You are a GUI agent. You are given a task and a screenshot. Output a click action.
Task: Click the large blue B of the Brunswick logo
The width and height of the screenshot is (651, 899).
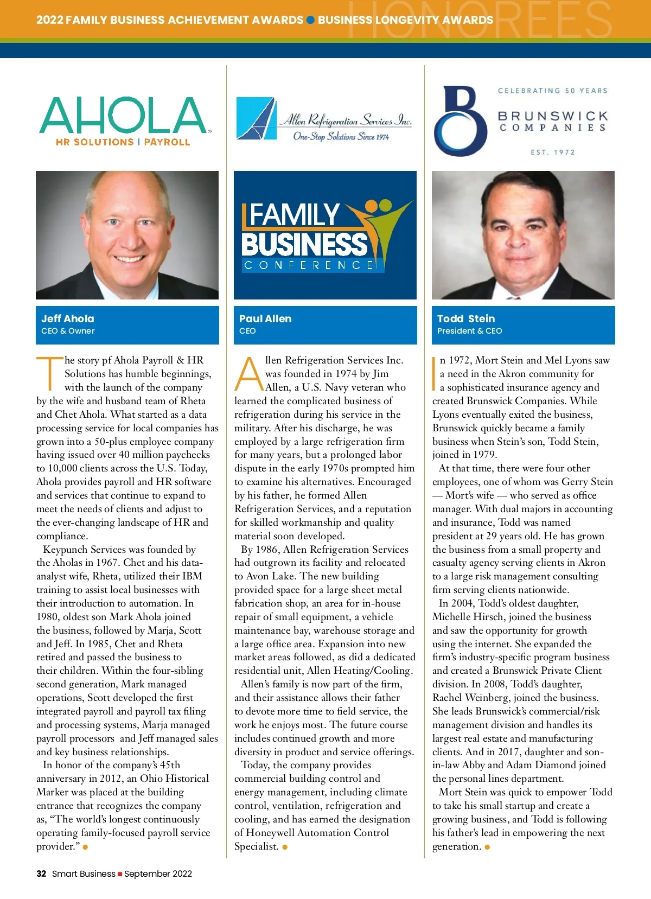click(x=461, y=122)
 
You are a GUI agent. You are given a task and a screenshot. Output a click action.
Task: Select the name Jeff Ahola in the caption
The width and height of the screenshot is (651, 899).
click(x=68, y=318)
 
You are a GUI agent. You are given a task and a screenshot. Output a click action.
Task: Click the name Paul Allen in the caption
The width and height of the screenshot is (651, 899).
click(x=265, y=318)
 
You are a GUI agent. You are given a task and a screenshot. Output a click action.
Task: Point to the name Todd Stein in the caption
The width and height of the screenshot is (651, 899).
click(x=466, y=318)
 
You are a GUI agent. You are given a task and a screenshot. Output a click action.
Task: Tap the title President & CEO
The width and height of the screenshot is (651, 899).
click(x=469, y=331)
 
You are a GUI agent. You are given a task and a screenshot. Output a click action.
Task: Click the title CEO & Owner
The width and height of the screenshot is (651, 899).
click(x=68, y=331)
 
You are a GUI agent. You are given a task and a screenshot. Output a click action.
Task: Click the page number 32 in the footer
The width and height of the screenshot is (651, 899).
click(x=41, y=874)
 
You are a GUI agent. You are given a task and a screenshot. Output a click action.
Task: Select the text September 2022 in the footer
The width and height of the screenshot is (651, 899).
click(x=158, y=874)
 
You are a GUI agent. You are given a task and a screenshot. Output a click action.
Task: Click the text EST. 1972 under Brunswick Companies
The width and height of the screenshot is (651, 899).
click(x=552, y=152)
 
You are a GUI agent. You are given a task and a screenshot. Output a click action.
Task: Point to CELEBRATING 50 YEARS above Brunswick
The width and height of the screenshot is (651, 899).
click(x=552, y=91)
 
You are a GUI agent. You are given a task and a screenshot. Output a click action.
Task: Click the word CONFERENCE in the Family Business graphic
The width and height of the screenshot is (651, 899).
click(x=309, y=265)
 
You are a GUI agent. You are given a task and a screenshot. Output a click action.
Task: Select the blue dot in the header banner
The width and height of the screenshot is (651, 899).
click(x=311, y=20)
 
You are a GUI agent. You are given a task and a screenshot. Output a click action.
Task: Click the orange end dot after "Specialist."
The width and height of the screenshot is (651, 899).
click(x=285, y=847)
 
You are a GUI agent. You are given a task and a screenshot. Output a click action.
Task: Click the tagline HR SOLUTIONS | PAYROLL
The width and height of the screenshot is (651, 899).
click(x=123, y=142)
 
